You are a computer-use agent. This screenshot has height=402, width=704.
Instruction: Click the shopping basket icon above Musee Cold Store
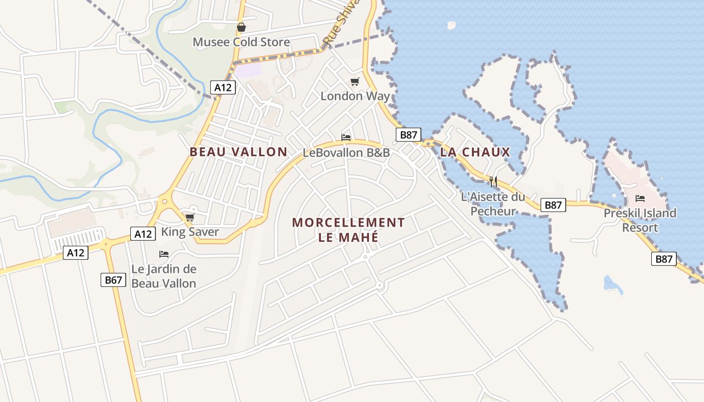241,27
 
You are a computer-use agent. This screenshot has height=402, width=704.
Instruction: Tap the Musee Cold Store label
241,42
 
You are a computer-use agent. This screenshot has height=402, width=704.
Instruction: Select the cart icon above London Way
355,81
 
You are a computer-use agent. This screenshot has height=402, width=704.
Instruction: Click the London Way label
355,96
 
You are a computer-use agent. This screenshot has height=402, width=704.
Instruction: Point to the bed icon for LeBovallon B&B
346,137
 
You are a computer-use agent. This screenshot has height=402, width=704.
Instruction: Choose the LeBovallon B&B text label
346,153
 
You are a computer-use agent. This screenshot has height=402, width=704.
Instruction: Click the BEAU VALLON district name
238,152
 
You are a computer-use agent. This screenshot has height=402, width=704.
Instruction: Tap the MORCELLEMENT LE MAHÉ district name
348,230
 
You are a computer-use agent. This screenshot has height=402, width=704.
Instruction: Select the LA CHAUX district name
475,152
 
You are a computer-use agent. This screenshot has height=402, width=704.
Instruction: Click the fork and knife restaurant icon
493,181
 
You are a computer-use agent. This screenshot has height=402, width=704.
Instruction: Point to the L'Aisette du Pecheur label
493,204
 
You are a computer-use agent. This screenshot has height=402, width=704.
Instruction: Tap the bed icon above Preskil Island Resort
640,198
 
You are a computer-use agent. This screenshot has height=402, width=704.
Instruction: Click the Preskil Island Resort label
640,220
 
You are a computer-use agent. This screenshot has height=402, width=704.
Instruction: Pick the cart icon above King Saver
190,217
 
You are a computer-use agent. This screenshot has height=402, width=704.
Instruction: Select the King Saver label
190,232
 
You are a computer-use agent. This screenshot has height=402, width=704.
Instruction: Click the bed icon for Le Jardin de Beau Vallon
164,254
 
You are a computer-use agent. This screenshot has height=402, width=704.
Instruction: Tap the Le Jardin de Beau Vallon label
164,276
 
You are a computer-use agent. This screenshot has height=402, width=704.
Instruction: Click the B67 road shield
113,280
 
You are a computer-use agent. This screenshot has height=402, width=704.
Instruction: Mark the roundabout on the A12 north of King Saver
164,202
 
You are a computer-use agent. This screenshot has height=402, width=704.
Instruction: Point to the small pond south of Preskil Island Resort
612,285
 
